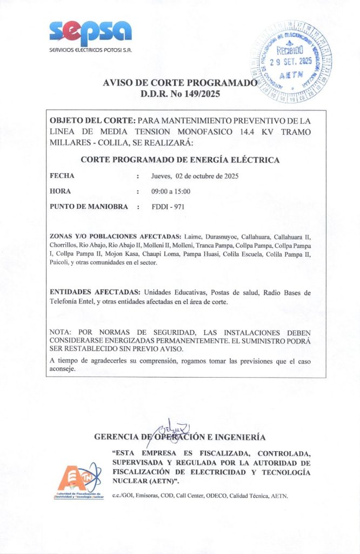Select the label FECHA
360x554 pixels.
point(62,176)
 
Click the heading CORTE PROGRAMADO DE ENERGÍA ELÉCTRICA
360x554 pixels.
point(180,160)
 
